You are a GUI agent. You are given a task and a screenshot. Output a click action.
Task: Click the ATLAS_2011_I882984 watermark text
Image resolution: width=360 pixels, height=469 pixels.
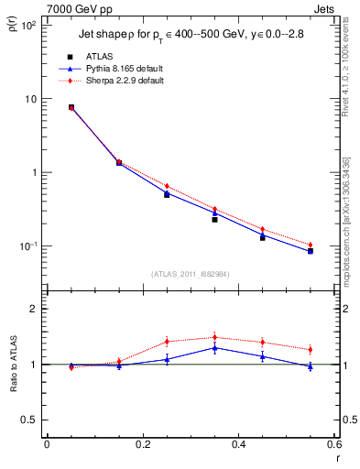(190, 273)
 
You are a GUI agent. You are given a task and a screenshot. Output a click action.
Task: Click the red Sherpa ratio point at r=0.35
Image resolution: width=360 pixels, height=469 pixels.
(214, 337)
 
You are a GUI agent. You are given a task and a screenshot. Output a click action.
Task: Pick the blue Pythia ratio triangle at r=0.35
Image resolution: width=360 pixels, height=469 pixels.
(214, 348)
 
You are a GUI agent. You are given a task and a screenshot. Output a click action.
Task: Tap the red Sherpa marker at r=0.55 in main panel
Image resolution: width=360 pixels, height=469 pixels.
(311, 245)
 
